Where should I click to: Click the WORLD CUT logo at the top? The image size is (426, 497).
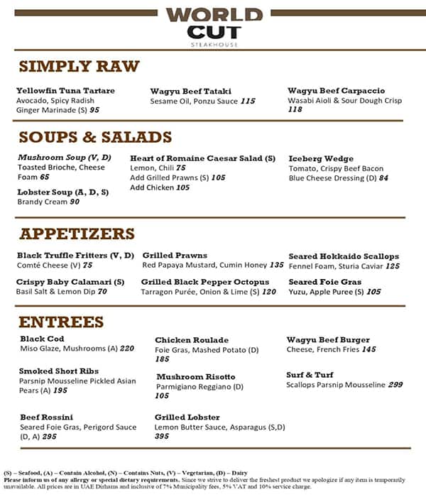tap(214, 23)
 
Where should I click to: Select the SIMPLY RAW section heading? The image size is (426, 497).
tap(79, 67)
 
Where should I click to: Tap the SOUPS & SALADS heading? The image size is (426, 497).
tap(95, 137)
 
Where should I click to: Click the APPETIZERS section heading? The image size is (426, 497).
tap(77, 234)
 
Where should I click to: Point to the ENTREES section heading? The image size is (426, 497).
tap(61, 322)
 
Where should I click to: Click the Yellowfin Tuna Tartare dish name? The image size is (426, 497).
tap(65, 91)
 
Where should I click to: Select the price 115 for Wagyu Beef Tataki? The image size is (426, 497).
tap(247, 102)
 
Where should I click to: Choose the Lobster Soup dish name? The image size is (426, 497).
tap(63, 192)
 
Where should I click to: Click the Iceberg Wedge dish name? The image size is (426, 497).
tap(320, 158)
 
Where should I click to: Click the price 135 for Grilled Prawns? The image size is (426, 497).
tap(276, 266)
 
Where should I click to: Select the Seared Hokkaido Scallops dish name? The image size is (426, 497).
tap(344, 256)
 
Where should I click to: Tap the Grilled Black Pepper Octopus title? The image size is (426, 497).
tap(205, 282)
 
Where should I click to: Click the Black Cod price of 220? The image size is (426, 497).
tap(127, 349)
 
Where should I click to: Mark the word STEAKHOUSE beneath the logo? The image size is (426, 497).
tap(214, 44)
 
